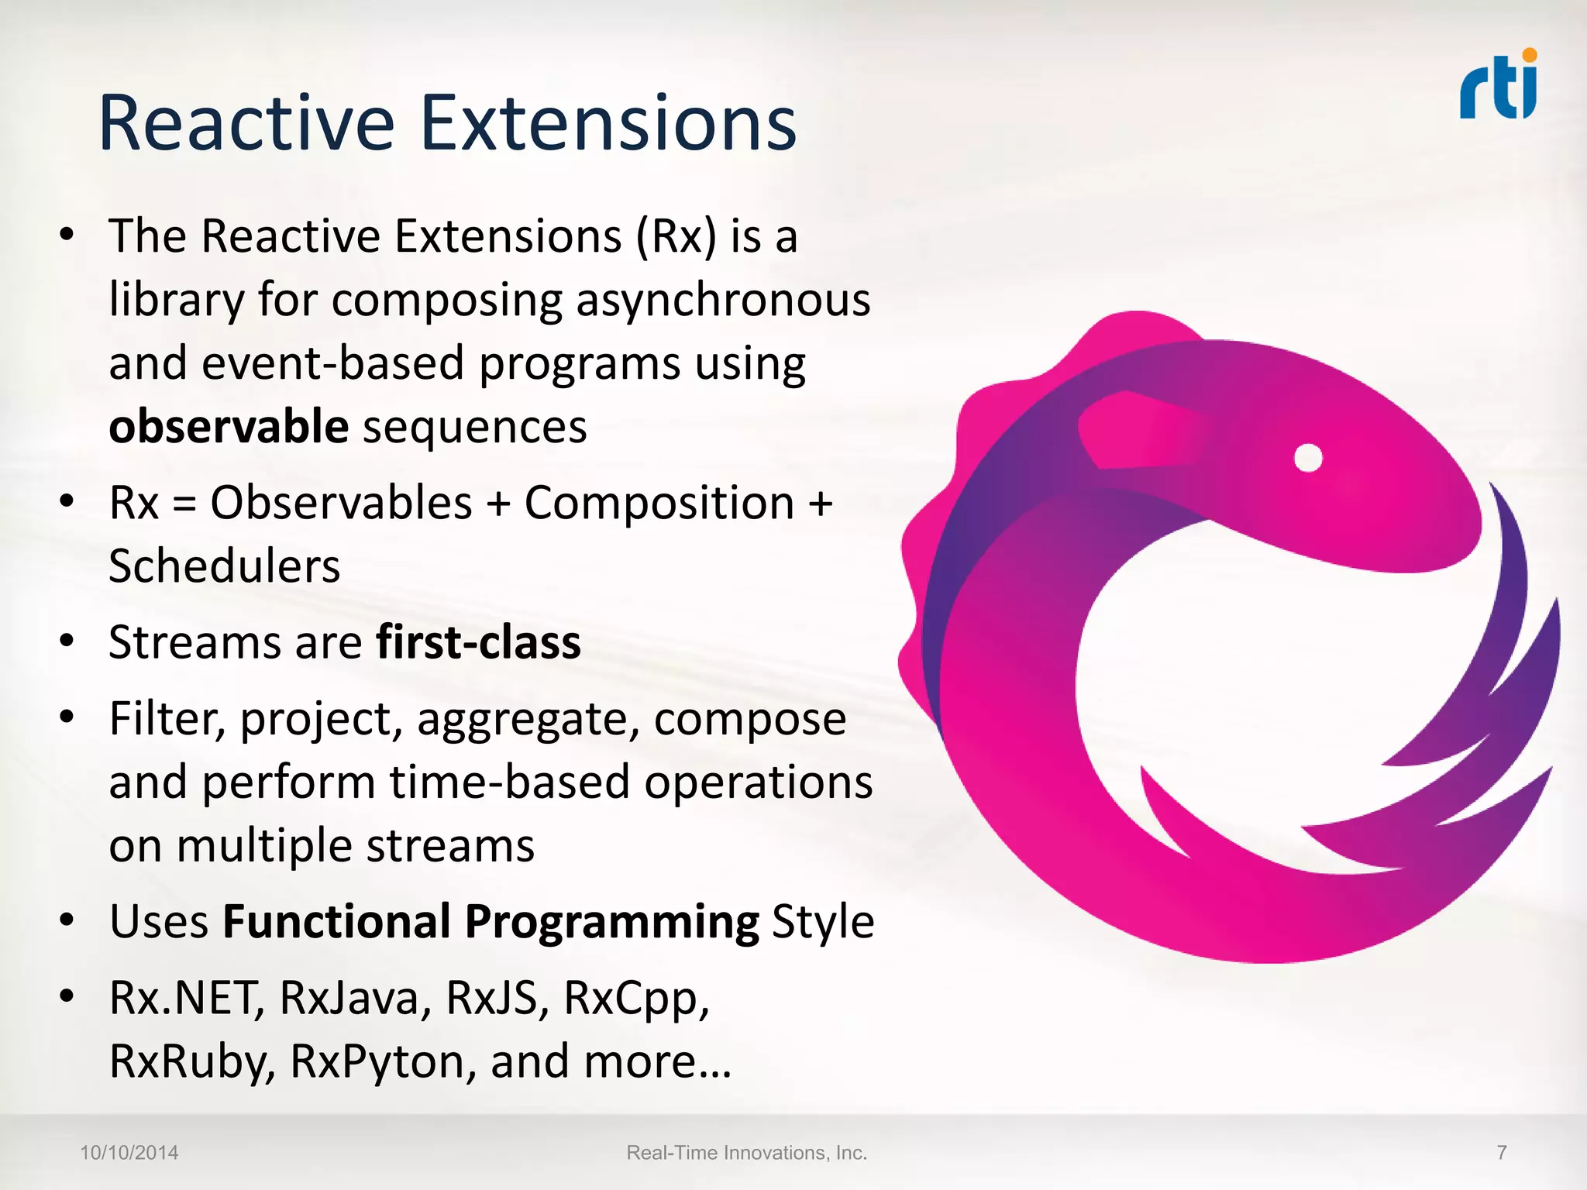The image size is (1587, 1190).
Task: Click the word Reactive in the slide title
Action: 246,124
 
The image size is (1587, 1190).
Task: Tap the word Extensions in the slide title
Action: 609,124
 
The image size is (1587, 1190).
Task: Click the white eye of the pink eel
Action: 1308,458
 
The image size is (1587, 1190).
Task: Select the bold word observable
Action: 229,426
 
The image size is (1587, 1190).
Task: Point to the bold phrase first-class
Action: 478,642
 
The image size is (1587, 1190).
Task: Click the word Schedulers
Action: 224,566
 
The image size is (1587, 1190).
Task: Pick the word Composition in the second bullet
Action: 659,503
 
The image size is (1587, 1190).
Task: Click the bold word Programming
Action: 611,923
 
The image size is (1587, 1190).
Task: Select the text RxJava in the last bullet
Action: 353,998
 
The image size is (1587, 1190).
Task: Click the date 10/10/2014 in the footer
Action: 129,1153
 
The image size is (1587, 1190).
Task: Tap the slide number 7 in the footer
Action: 1501,1153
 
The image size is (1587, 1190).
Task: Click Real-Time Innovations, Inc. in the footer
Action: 746,1153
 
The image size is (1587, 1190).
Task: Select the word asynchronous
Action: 722,301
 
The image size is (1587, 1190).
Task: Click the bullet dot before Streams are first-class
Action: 67,641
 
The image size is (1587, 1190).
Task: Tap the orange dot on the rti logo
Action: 1529,55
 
